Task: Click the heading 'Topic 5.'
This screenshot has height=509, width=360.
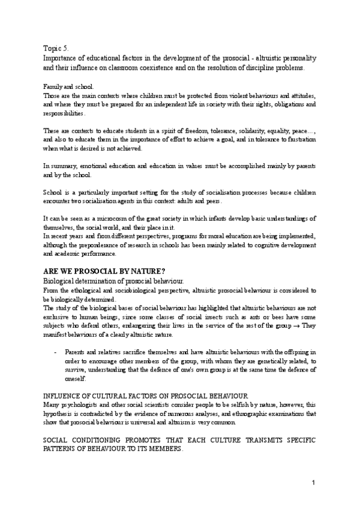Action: [58, 47]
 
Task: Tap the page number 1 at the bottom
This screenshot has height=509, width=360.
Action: [313, 483]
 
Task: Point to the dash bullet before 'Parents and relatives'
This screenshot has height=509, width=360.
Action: [55, 349]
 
